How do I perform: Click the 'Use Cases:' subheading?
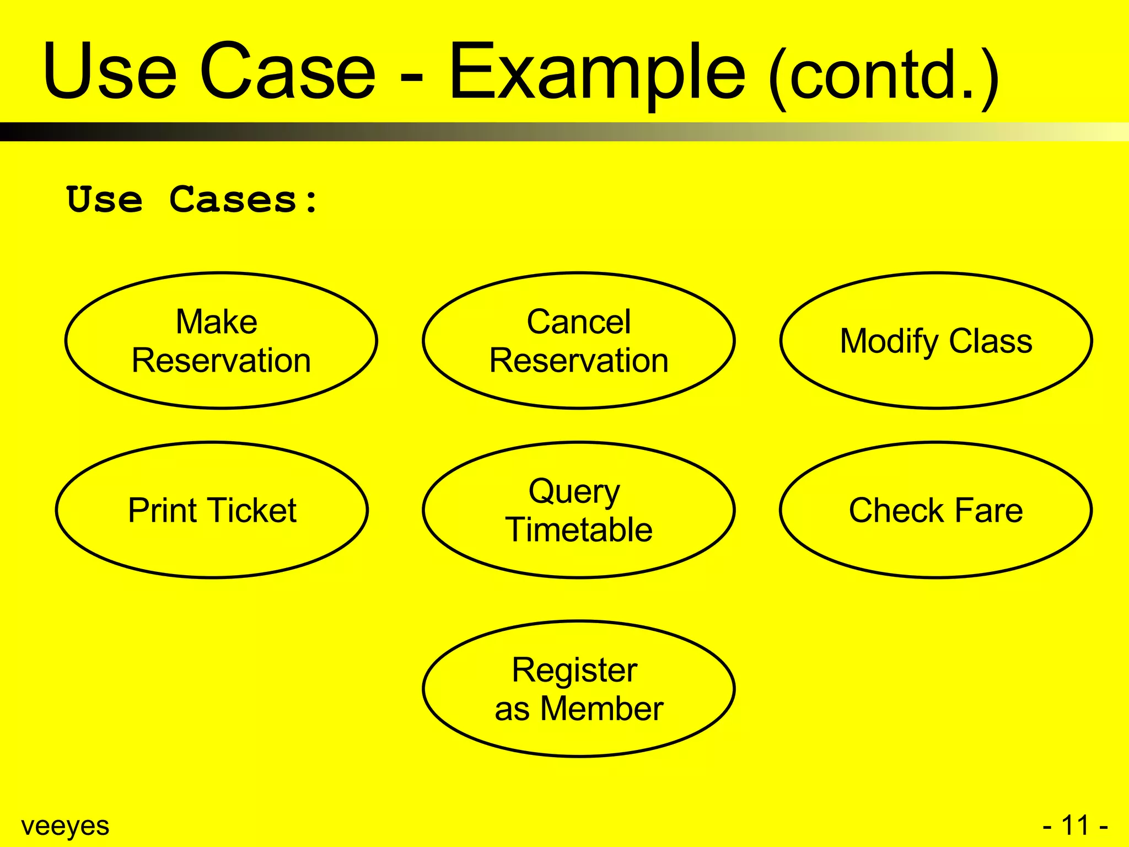pos(192,200)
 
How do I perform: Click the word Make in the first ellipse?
pos(217,322)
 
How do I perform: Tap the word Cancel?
pos(578,322)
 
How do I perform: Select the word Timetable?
pos(578,530)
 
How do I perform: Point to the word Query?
pos(574,492)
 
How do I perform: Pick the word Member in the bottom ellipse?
pos(601,709)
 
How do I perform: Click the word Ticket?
pos(253,510)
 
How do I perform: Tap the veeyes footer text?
pos(65,826)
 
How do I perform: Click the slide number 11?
pos(1075,826)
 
